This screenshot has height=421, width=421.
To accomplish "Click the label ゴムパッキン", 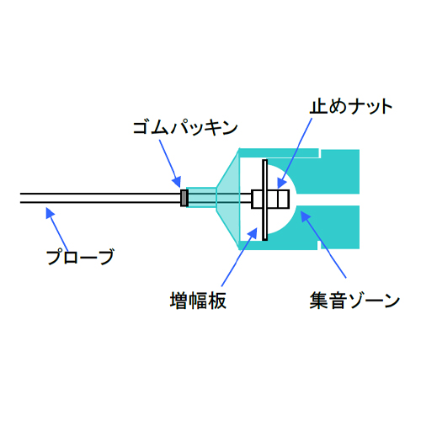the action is point(185,128).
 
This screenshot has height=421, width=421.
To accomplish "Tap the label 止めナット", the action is point(350,107).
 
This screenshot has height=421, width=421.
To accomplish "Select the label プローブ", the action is point(80,257).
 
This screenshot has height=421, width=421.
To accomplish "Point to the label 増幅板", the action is point(198,301).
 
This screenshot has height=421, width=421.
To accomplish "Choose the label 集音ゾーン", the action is point(354,301).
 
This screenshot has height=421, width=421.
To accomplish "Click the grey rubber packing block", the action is point(184,198).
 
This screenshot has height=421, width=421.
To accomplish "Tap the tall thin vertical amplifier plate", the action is point(264,200).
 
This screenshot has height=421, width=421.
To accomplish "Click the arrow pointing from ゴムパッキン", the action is point(170,163).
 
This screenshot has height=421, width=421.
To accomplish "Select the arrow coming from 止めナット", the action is point(295,153).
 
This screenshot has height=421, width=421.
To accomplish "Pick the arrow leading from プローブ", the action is point(57,229).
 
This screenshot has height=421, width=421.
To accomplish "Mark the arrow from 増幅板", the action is point(239,257).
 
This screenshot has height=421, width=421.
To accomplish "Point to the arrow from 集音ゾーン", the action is point(323,244).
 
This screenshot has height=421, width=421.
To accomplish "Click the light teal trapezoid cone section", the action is point(227,198).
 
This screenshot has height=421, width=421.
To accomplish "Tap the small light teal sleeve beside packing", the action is point(202,198).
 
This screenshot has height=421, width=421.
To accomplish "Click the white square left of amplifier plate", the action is point(257,200).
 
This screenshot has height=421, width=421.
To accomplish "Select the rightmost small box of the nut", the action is point(283,199).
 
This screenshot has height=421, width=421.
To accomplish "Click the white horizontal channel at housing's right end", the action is point(328,200).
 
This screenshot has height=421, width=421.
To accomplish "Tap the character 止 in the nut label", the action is point(318,107).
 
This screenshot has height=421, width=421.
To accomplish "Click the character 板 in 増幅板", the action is point(217,301).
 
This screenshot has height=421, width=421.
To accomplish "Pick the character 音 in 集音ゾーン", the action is point(336,301).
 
